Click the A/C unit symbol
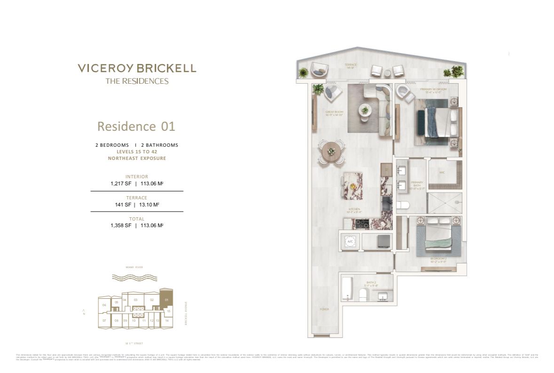pos(350,241)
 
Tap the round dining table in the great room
pos(331,151)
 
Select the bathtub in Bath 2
pos(347,288)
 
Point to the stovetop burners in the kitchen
pos(363,224)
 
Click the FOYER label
pos(324,309)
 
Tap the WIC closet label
pos(442,172)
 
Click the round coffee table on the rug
pos(364,110)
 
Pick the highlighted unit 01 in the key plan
pos(166,299)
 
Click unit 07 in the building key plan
pos(104,320)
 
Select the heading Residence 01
pos(136,126)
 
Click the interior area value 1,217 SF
pos(121,184)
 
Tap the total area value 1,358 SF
pos(121,225)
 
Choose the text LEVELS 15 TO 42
pos(137,152)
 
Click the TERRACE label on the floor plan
pos(351,64)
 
